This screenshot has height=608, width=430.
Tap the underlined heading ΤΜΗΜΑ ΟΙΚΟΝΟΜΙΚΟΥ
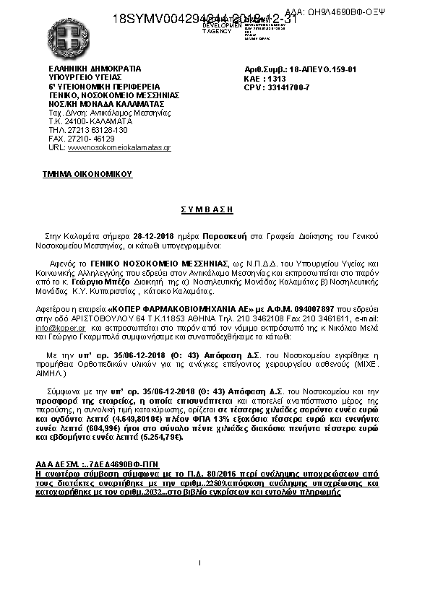tap(87, 174)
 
